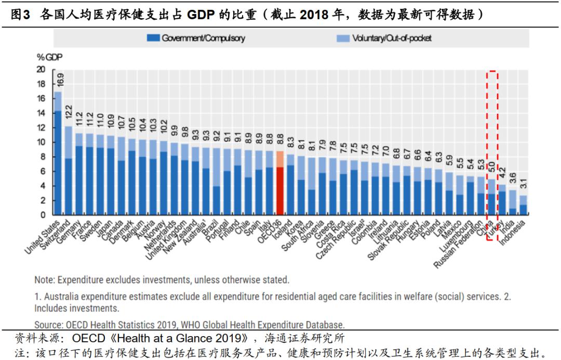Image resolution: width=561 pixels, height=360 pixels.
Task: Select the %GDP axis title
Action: click(46, 57)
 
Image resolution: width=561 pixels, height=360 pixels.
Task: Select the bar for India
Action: click(513, 203)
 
